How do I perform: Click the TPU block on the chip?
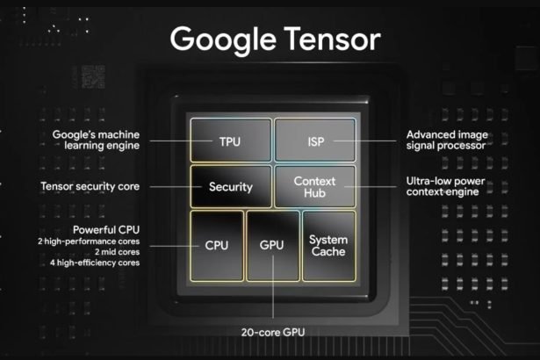point(230,140)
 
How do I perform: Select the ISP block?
point(315,140)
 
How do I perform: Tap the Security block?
point(230,186)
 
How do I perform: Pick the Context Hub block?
point(315,186)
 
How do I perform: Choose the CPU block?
point(217,245)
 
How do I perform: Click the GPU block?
point(272,245)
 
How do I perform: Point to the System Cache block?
point(328,245)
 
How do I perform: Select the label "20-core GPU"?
point(272,332)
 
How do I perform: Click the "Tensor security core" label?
point(90,186)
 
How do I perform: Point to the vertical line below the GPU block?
point(272,303)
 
